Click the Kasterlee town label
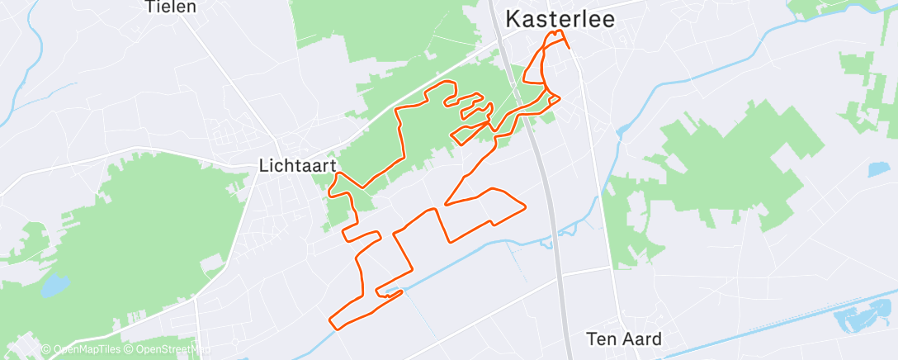pyautogui.click(x=560, y=18)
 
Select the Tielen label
pyautogui.click(x=170, y=7)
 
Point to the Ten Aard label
pyautogui.click(x=624, y=339)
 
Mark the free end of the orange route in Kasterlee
pyautogui.click(x=570, y=48)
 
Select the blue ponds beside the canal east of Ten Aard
pyautogui.click(x=860, y=319)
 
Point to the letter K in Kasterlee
pyautogui.click(x=513, y=18)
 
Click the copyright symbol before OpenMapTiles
pyautogui.click(x=46, y=349)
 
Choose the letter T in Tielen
pyautogui.click(x=149, y=7)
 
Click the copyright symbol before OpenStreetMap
pyautogui.click(x=130, y=349)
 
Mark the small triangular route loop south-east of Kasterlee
pyautogui.click(x=551, y=100)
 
